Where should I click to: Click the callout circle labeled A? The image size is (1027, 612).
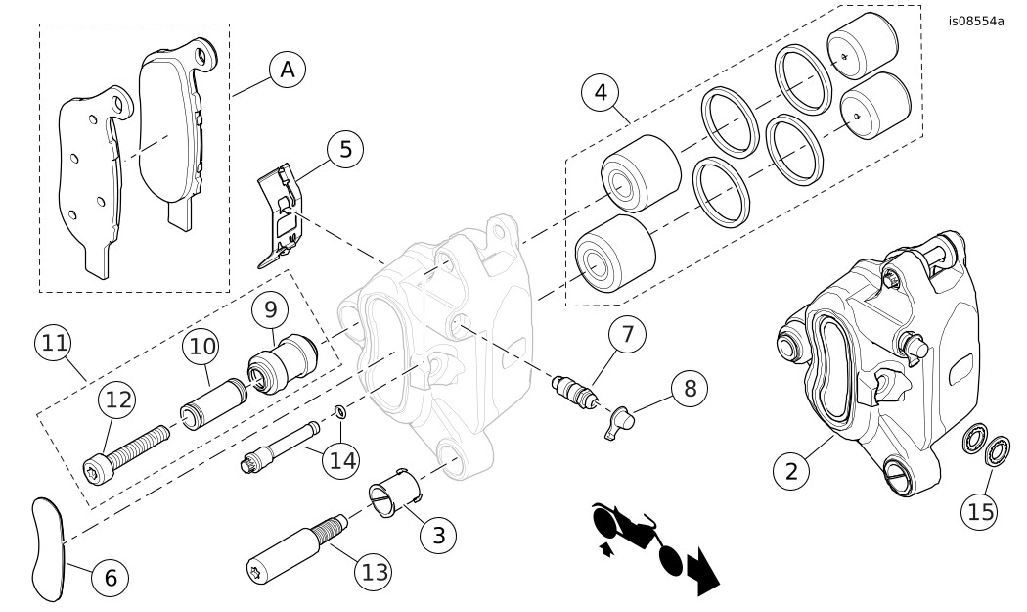(287, 70)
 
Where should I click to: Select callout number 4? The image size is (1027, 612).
(601, 94)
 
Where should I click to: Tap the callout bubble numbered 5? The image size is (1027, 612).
(345, 150)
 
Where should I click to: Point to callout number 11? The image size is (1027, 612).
(55, 345)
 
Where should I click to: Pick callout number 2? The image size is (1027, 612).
(791, 470)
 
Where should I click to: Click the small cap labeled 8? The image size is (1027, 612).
(620, 423)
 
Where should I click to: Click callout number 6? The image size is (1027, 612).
(111, 579)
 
